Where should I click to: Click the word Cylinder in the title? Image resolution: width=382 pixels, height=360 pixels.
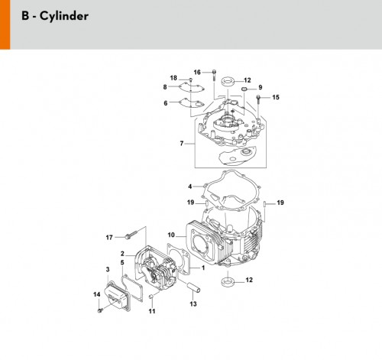64,16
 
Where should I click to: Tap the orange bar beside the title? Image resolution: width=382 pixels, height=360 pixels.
5,24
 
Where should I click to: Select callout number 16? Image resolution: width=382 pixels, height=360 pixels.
197,73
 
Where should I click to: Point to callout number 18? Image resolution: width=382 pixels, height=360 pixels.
173,78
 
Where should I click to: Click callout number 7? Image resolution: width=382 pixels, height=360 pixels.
182,144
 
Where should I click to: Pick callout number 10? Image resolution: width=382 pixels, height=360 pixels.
171,235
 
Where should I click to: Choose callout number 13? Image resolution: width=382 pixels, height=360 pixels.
193,303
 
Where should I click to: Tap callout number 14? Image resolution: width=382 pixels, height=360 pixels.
97,294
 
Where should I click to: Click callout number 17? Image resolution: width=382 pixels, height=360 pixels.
109,238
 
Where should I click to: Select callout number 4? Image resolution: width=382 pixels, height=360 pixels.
190,186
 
